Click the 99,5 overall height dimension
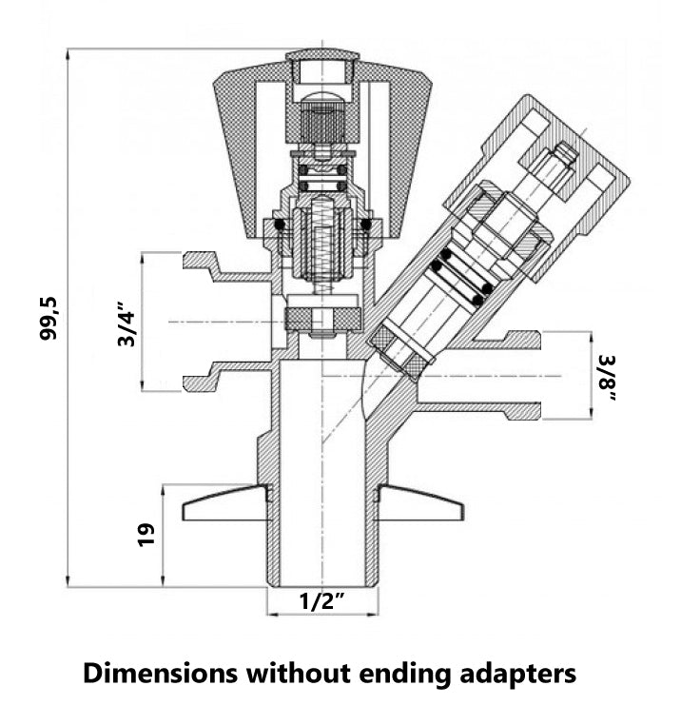49,317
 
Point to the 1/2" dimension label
322,601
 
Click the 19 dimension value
145,536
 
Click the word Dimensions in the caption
160,674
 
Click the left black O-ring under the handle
279,225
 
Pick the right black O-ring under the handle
366,225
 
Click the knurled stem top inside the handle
322,122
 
